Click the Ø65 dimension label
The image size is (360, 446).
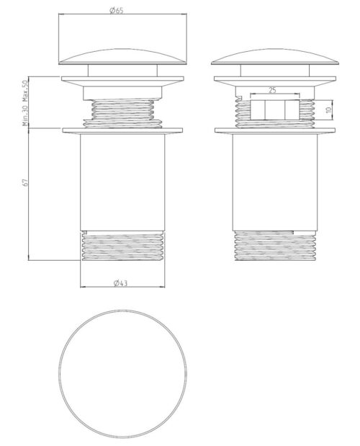[116, 11]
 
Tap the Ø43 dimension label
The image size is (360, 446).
[121, 283]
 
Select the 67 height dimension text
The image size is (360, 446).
[26, 182]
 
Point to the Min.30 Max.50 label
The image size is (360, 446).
[25, 103]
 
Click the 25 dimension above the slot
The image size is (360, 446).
[272, 90]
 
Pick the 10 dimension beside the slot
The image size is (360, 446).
[329, 110]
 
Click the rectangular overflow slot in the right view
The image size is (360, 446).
[275, 110]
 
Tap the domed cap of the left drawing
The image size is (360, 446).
[122, 57]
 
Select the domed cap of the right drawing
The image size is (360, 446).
[275, 57]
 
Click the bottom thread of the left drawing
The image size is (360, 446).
[123, 246]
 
